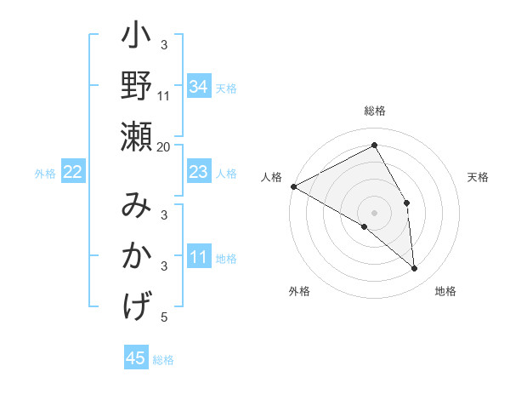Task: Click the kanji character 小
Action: [136, 39]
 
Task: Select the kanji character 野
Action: [136, 87]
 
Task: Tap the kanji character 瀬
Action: [136, 135]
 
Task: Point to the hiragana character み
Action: [136, 205]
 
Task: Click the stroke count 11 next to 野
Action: [164, 96]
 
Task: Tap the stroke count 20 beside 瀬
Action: [164, 146]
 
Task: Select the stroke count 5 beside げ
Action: [164, 317]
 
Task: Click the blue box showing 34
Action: [198, 86]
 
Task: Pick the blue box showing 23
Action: [198, 173]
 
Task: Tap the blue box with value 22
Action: [73, 173]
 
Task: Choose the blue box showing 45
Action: [136, 358]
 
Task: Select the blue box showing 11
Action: [198, 258]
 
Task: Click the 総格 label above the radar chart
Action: [374, 111]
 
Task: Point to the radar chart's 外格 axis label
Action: [299, 291]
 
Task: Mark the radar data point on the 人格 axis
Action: [293, 186]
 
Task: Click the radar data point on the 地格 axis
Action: [415, 268]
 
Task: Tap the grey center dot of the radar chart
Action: [374, 212]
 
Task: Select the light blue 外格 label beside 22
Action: [45, 174]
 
